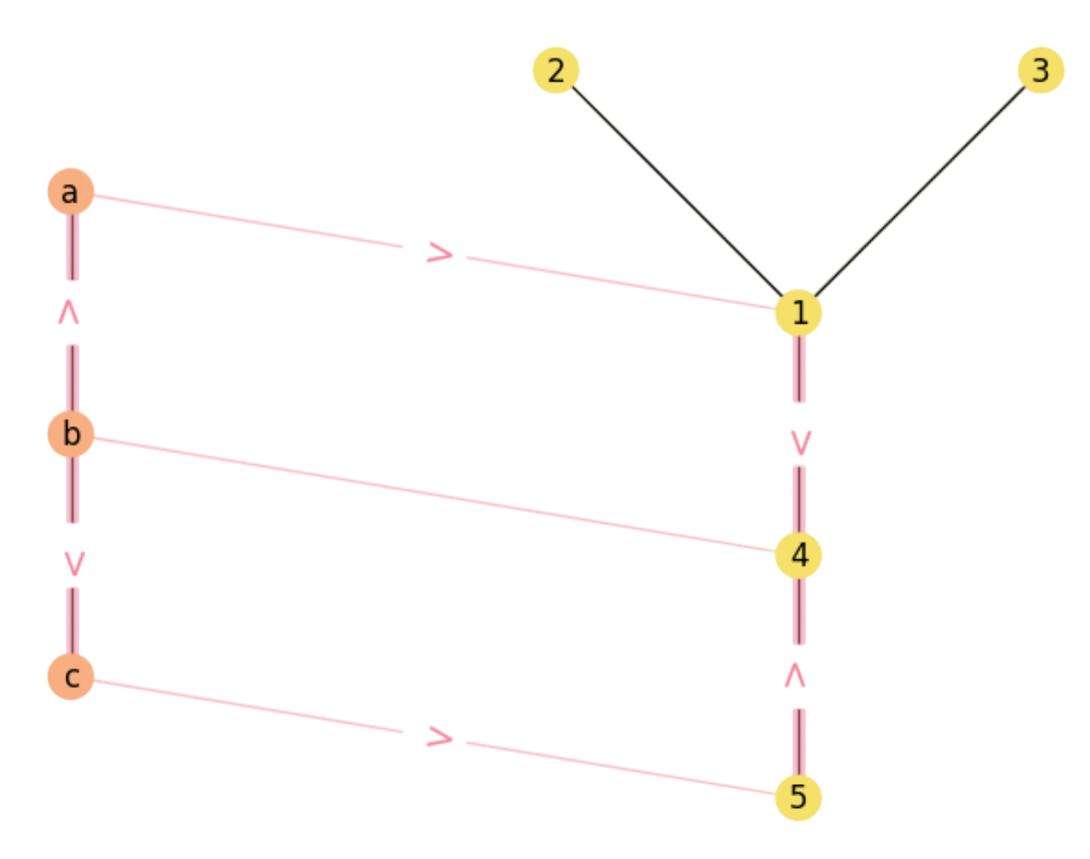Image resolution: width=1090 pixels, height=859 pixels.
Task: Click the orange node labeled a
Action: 70,192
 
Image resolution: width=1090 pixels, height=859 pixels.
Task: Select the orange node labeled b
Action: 71,433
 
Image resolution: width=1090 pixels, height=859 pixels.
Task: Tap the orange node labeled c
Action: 71,676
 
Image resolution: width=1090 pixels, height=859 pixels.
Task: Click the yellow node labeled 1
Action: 798,313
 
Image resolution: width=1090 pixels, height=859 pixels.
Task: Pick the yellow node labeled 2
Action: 555,71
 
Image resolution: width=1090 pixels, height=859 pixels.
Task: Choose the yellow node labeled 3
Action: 1041,71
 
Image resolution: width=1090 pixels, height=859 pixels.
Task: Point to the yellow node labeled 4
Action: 799,555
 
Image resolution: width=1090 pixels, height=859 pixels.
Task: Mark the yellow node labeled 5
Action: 798,797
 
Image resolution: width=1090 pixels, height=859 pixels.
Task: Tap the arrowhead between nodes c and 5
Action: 439,737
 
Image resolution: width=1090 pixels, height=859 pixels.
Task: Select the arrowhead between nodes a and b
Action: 69,313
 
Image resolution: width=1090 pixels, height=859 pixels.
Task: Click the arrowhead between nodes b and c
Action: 74,562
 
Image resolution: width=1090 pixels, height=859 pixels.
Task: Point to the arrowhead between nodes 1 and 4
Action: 800,442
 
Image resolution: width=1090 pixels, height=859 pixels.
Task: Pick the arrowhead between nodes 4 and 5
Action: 795,676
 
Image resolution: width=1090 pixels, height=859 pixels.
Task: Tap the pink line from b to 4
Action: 434,495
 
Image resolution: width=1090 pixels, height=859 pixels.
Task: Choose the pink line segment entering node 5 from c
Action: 622,769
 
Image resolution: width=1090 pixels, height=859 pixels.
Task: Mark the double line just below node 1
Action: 799,370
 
